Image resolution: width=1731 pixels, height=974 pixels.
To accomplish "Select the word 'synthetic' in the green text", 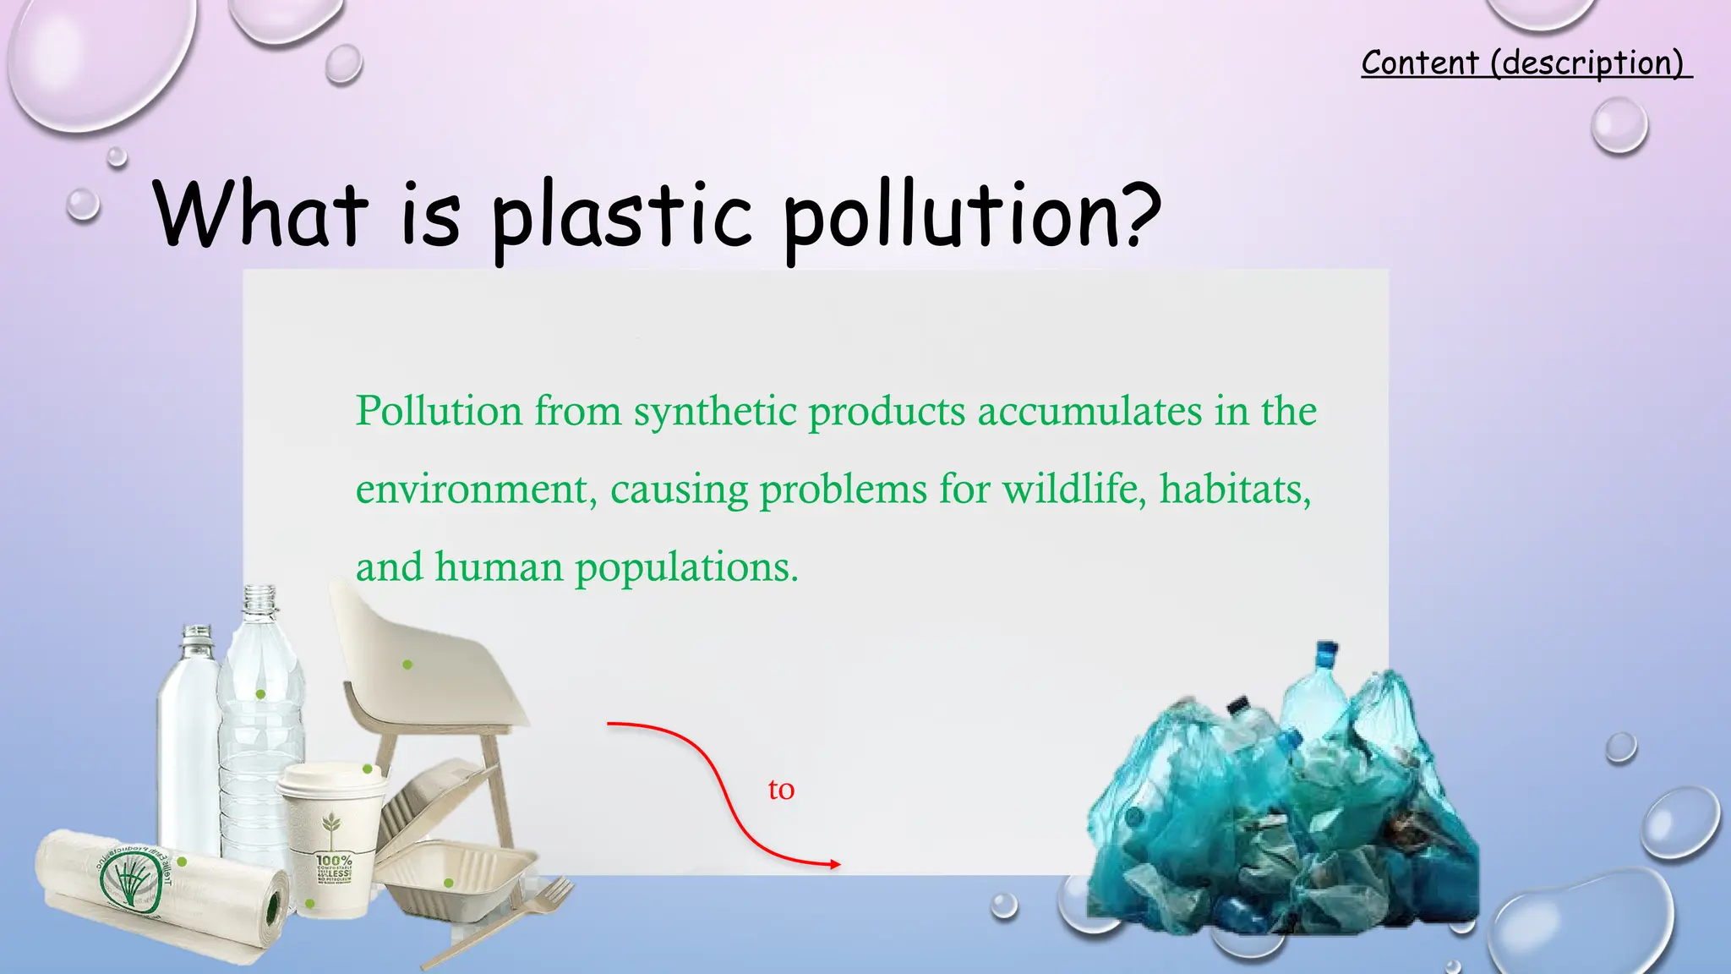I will pyautogui.click(x=715, y=413).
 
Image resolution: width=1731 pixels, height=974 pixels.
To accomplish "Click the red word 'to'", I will pyautogui.click(x=781, y=790).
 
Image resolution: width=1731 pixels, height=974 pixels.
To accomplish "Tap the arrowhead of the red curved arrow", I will pyautogui.click(x=835, y=864).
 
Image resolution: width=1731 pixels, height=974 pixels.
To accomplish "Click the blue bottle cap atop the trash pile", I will pyautogui.click(x=1326, y=652).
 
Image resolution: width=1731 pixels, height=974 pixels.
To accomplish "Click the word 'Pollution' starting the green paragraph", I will pyautogui.click(x=438, y=413).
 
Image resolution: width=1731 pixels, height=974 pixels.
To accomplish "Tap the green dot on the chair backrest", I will pyautogui.click(x=407, y=665).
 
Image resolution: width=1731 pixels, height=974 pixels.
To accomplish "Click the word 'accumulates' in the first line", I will pyautogui.click(x=1089, y=413).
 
